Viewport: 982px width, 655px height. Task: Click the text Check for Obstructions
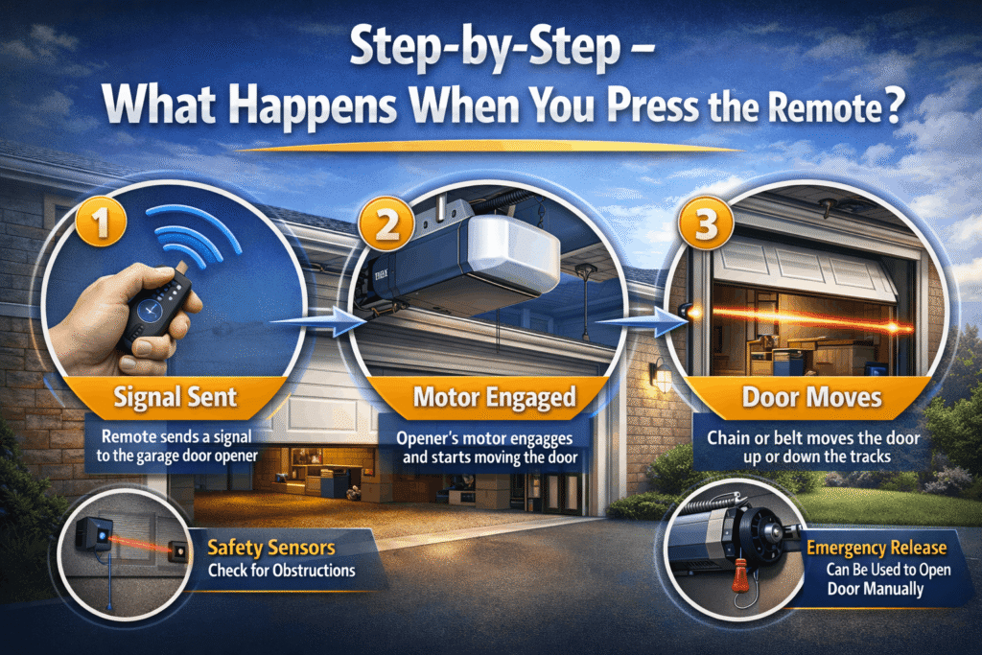[281, 571]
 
